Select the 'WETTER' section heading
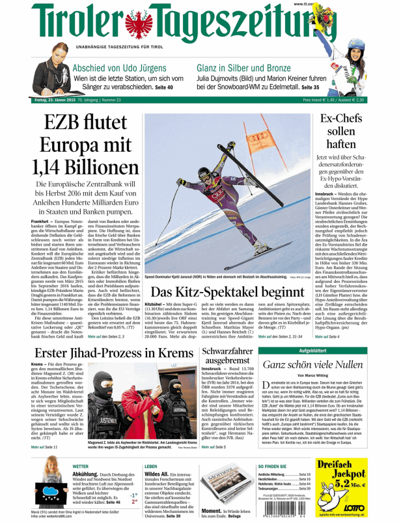(81, 467)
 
